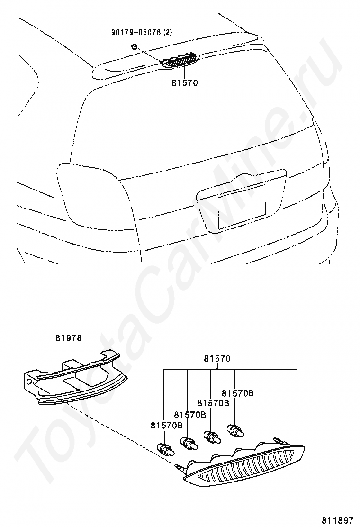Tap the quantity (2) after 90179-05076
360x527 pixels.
tap(167, 33)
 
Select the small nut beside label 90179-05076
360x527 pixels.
tap(135, 46)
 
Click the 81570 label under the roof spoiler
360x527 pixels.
tap(184, 82)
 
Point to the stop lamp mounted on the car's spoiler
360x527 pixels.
tap(180, 61)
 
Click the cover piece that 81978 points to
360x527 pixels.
tap(76, 377)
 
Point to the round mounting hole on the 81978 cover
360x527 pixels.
tap(30, 381)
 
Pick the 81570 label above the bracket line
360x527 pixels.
tap(217, 359)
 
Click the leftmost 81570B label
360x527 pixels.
tap(167, 425)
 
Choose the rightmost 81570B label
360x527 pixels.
tap(238, 393)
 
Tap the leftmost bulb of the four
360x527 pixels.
tap(166, 449)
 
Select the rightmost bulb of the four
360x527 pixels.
tap(235, 430)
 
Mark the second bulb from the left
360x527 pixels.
tap(189, 443)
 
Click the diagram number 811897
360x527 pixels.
tap(338, 520)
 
